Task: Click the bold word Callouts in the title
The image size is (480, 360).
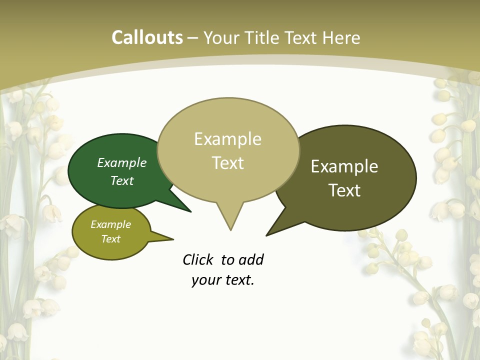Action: [147, 38]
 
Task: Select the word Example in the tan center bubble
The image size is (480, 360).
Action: [227, 139]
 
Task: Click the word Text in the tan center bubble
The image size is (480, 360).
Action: [228, 163]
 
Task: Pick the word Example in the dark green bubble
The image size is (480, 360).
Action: [122, 163]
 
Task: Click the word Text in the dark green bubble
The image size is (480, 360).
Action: [122, 180]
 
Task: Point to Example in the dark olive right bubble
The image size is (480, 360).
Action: [344, 166]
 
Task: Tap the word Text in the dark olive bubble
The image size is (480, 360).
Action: [345, 190]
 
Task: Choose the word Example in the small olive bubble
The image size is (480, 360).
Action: [111, 224]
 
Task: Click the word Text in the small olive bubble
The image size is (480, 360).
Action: [111, 239]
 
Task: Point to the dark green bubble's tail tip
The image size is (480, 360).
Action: [190, 211]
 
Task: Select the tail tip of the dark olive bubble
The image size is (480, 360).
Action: [267, 235]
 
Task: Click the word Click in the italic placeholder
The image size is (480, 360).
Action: [198, 259]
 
